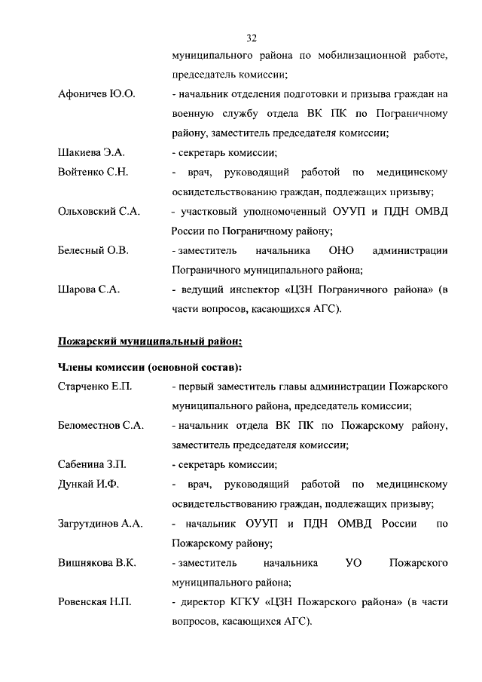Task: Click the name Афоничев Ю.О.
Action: pos(96,95)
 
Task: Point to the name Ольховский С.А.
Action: pos(99,211)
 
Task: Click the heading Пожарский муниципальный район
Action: pos(150,341)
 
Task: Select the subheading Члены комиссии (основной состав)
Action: pos(150,367)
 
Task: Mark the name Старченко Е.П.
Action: pos(95,387)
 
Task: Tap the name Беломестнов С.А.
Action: pos(101,426)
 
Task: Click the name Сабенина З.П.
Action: pos(92,464)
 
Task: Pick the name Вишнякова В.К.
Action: pos(96,562)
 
